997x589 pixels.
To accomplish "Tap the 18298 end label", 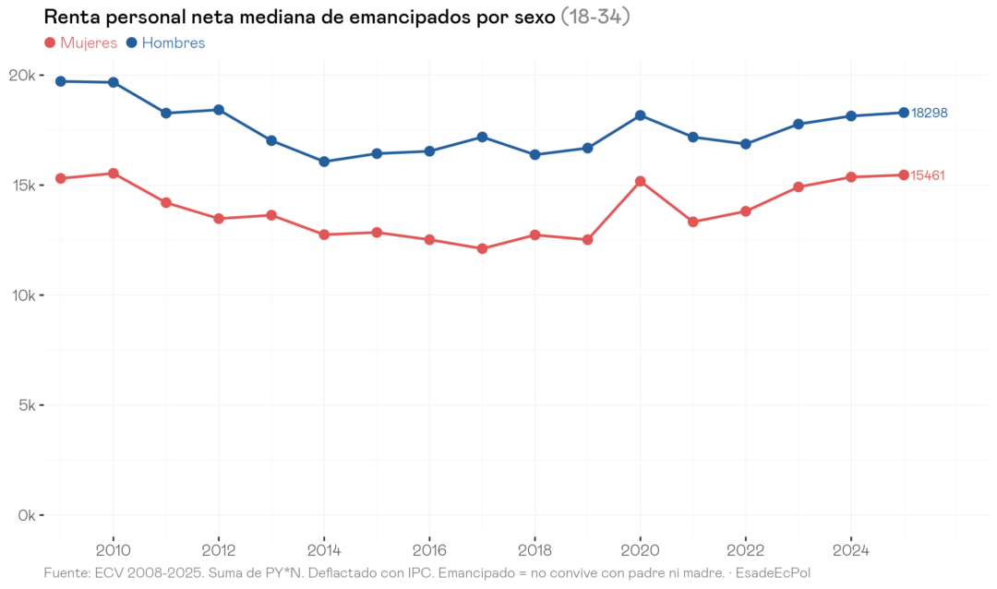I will pos(929,113).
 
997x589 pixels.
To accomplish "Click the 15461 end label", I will pos(928,175).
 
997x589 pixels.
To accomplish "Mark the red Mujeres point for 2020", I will pos(640,181).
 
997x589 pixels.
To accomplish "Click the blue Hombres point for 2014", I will pos(324,162).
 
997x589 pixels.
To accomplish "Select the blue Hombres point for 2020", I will pos(640,115).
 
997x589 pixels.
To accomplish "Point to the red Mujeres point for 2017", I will pos(482,248).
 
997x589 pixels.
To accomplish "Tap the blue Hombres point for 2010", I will pos(114,82).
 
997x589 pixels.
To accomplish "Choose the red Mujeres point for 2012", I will pos(219,219).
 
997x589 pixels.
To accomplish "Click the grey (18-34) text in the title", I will pos(595,18).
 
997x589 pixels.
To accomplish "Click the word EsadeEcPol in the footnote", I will pos(773,573).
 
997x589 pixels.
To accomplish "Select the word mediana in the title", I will pos(273,18).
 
